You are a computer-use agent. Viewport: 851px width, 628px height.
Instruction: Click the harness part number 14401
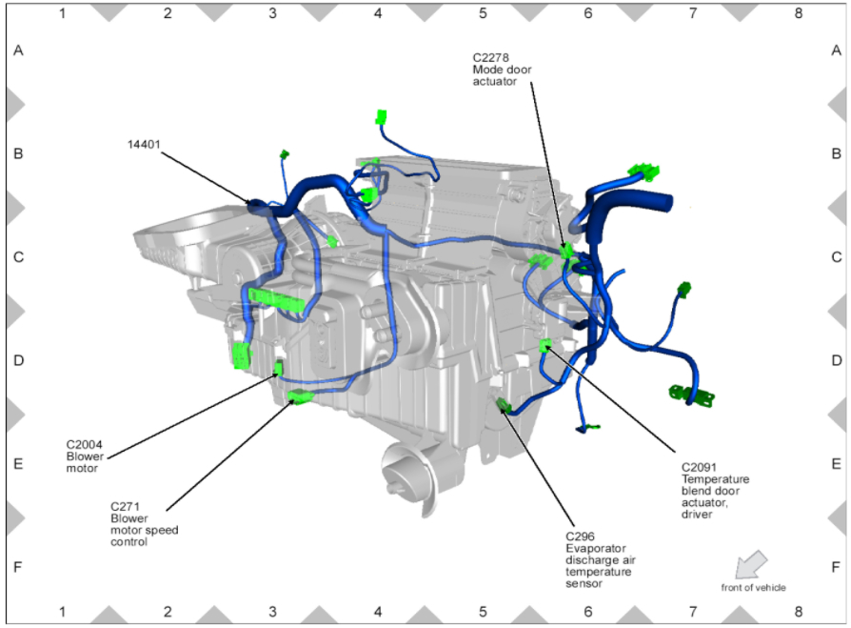(143, 145)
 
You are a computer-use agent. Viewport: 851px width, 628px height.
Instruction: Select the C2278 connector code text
(493, 58)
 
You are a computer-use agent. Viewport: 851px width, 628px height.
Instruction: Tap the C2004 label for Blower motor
(84, 444)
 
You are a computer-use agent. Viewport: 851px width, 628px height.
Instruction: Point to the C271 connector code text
(125, 506)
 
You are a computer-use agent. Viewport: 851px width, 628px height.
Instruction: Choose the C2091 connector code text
(700, 467)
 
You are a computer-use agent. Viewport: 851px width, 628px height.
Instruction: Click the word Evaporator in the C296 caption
(595, 548)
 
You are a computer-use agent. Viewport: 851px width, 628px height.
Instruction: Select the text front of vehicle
(753, 587)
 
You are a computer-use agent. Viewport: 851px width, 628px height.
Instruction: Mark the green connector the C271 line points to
(301, 397)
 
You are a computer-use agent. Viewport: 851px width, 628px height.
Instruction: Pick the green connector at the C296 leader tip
(504, 407)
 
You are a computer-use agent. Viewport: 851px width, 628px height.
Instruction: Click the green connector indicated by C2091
(544, 345)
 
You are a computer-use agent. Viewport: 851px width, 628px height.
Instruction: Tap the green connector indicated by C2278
(567, 252)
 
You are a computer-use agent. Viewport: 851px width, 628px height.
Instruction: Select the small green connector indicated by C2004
(279, 367)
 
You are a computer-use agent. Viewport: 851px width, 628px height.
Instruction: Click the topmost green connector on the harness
(381, 117)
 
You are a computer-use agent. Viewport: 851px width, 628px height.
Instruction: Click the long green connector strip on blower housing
(276, 300)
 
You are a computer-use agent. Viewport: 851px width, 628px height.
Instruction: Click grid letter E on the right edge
(836, 463)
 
